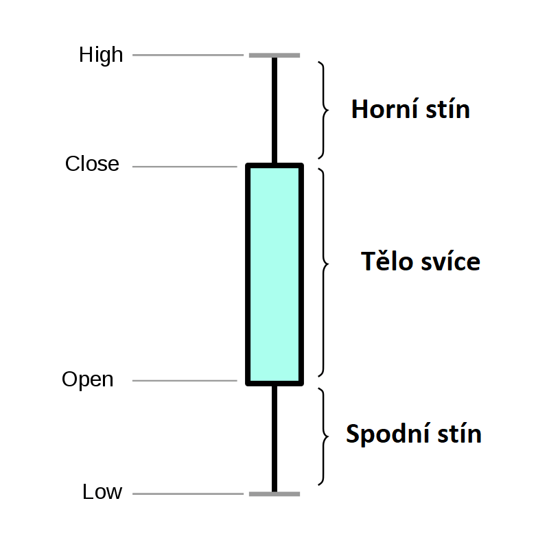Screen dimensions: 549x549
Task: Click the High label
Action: (101, 55)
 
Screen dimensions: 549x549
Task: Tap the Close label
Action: (92, 165)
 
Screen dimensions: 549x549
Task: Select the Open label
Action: (88, 379)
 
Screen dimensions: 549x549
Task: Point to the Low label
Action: (102, 492)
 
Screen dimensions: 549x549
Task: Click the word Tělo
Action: (384, 262)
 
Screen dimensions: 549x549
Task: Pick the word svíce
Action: (447, 262)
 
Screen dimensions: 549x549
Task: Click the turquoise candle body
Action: (274, 273)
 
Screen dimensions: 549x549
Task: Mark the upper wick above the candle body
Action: (274, 110)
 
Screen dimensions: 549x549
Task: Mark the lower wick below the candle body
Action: (274, 438)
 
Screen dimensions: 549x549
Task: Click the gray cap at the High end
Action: (274, 55)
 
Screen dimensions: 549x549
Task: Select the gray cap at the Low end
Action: (274, 493)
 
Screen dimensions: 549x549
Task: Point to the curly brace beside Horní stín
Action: (323, 110)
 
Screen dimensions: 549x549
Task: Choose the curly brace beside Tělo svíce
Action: (323, 264)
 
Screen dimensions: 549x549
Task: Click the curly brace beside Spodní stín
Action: (323, 436)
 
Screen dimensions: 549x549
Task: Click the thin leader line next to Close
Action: (184, 167)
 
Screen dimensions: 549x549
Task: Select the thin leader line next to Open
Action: (184, 381)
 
